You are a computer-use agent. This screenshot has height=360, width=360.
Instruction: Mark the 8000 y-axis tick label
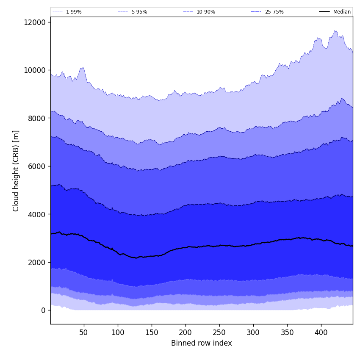36,118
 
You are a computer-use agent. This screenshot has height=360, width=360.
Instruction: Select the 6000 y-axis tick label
36,166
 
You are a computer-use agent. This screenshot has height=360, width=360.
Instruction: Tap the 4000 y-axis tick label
36,214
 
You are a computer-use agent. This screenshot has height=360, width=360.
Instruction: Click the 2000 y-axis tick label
36,262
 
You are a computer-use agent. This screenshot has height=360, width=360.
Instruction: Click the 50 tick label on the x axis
84,332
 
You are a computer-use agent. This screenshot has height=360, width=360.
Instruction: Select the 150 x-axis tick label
152,332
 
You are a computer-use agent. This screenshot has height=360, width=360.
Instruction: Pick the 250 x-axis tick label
219,332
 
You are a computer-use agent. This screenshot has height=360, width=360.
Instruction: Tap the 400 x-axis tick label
321,332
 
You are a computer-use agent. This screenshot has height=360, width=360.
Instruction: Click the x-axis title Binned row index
202,343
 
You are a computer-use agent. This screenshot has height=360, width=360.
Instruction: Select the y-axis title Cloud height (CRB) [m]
16,171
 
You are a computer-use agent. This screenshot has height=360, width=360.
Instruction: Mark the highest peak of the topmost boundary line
335,30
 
